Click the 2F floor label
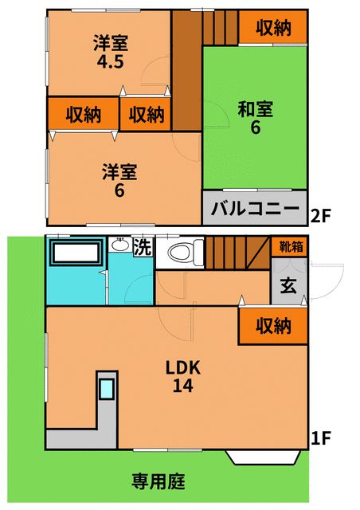[x=320, y=214]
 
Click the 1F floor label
[x=320, y=437]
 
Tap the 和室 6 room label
[x=255, y=117]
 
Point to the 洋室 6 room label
[x=119, y=180]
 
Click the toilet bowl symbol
[x=181, y=254]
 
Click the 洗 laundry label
[x=142, y=247]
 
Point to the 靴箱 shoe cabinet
[x=292, y=246]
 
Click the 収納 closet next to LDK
[x=272, y=326]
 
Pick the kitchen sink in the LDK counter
[x=107, y=390]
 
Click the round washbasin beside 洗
[x=120, y=245]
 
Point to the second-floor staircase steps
[x=217, y=29]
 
